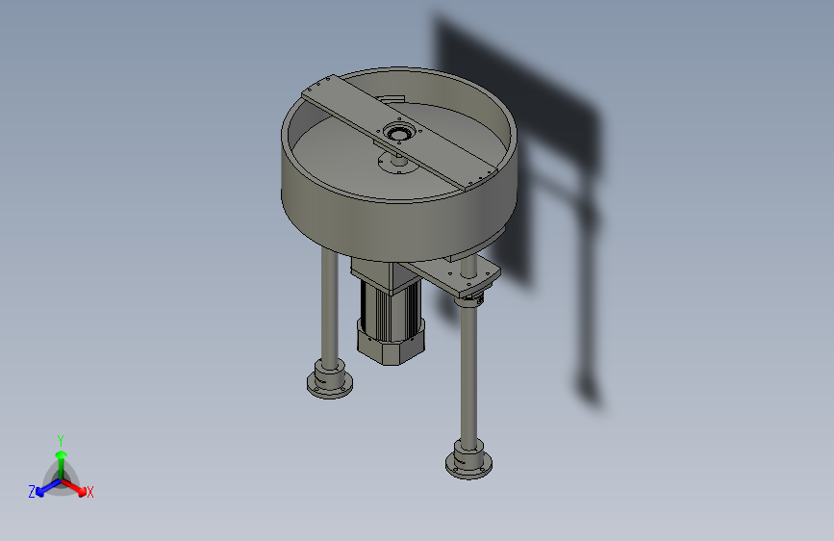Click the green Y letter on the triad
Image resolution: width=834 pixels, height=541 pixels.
(x=61, y=438)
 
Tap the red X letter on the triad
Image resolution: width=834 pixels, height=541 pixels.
(x=90, y=492)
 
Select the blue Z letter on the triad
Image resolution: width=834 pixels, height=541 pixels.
(x=32, y=492)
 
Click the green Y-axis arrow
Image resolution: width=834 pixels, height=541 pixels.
(x=61, y=458)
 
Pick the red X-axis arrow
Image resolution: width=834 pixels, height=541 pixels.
(x=77, y=485)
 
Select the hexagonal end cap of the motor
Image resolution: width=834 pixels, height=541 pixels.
(x=391, y=343)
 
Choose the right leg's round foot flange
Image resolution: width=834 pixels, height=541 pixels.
(x=469, y=461)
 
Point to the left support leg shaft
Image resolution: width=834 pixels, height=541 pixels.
(x=328, y=308)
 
